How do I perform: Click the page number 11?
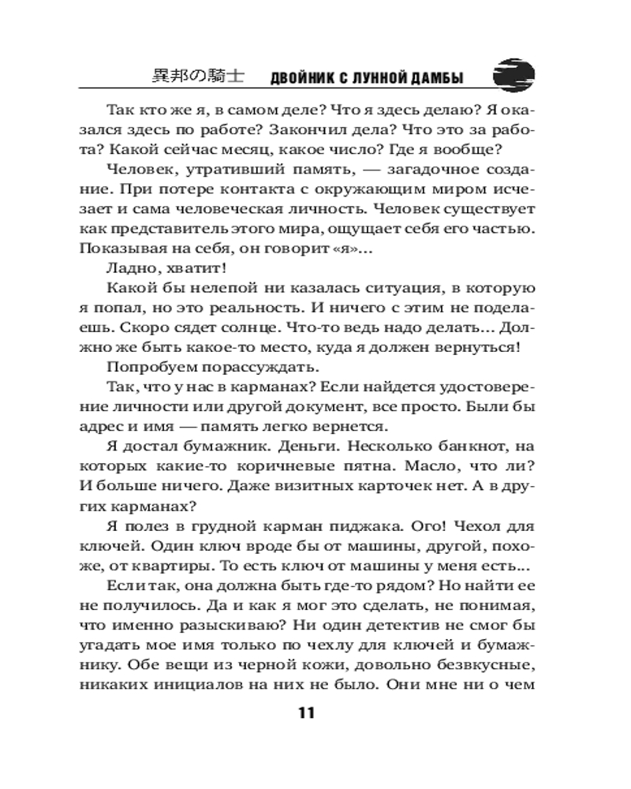pyautogui.click(x=306, y=713)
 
